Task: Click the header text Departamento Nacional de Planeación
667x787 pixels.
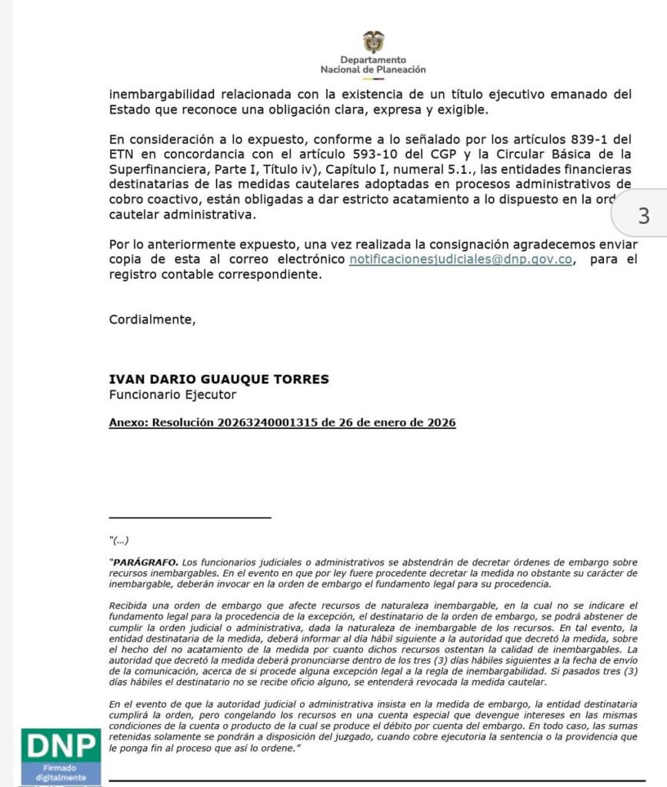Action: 373,65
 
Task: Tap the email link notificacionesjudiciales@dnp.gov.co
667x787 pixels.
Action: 461,259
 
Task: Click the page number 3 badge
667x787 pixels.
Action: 644,216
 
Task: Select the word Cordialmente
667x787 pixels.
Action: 152,320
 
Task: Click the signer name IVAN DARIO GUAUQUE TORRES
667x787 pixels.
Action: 219,379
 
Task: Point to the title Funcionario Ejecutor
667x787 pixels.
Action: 173,395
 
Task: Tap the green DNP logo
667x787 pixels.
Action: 62,745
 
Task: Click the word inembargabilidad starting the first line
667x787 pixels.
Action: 158,95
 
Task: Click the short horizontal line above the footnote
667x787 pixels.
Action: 190,517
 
